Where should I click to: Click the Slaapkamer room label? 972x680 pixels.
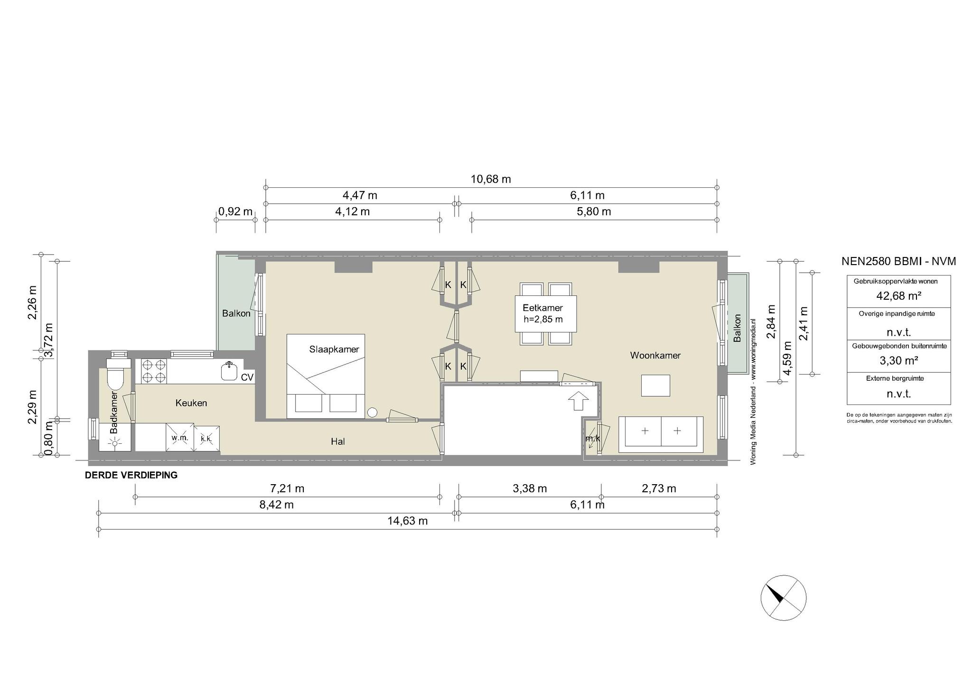click(x=334, y=349)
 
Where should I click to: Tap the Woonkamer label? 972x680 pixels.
click(x=655, y=355)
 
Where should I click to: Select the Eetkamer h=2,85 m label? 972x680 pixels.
click(x=543, y=313)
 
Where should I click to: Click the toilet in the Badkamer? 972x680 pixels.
click(x=116, y=374)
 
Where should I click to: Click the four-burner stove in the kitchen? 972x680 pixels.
click(x=153, y=371)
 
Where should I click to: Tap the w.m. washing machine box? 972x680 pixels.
click(x=180, y=438)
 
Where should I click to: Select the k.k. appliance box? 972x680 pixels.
click(x=206, y=439)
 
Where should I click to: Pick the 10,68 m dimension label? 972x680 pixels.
click(x=490, y=179)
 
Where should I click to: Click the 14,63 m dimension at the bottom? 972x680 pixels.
click(x=407, y=521)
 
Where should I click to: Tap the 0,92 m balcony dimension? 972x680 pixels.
click(x=235, y=211)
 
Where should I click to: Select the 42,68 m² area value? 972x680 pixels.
click(x=898, y=296)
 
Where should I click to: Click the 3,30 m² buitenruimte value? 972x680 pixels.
click(x=898, y=360)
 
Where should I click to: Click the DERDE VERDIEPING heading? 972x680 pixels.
click(x=131, y=475)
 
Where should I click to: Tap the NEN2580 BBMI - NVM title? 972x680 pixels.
click(x=898, y=261)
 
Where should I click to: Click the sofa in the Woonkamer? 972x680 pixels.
click(x=661, y=432)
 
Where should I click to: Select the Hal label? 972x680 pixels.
click(x=338, y=441)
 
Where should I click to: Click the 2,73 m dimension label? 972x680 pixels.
click(x=659, y=488)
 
